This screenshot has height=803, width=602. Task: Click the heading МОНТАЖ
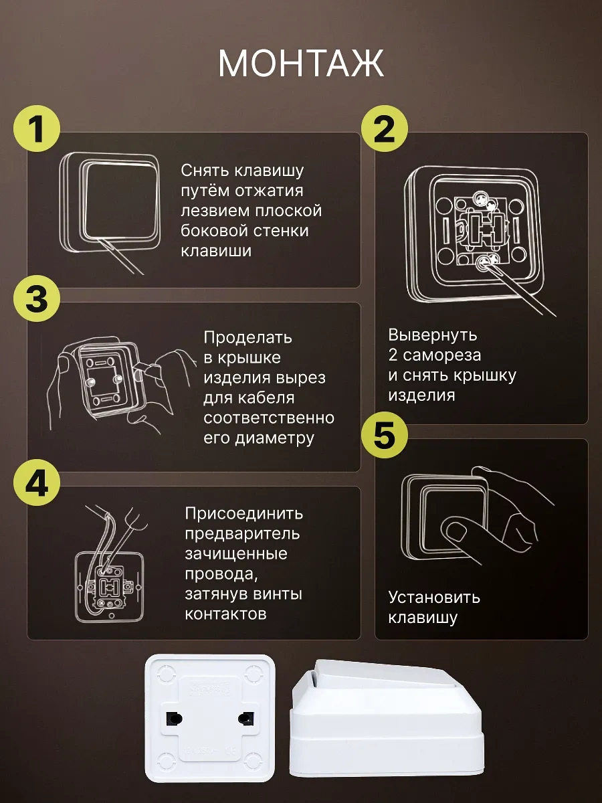pyautogui.click(x=301, y=63)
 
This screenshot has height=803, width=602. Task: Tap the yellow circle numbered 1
pyautogui.click(x=37, y=128)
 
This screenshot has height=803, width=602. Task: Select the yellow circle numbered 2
pyautogui.click(x=384, y=128)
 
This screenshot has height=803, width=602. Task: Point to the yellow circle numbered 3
pyautogui.click(x=37, y=298)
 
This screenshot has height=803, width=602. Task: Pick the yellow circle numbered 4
pyautogui.click(x=37, y=482)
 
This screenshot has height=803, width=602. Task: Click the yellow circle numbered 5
pyautogui.click(x=384, y=435)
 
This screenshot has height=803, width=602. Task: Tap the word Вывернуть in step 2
pyautogui.click(x=432, y=335)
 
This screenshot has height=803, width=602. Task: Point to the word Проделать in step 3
pyautogui.click(x=247, y=339)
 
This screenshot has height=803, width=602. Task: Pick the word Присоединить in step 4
pyautogui.click(x=243, y=515)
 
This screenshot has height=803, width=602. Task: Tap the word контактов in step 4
pyautogui.click(x=225, y=615)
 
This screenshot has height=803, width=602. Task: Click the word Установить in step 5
pyautogui.click(x=434, y=598)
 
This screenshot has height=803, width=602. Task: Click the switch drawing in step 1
pyautogui.click(x=110, y=202)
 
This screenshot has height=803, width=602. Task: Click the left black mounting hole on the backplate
pyautogui.click(x=175, y=719)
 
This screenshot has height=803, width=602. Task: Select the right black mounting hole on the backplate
pyautogui.click(x=246, y=719)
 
